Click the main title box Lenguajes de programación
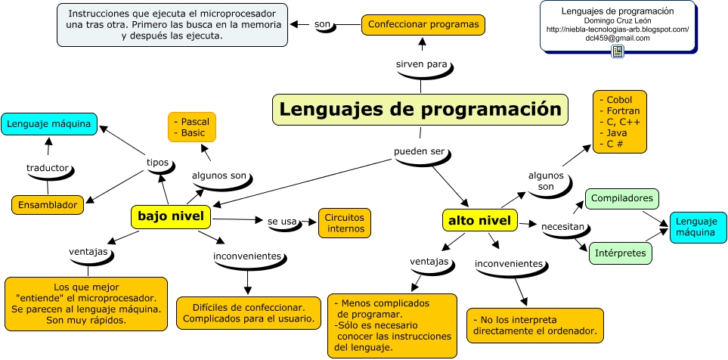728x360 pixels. [x=420, y=109]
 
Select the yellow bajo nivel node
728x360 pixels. [x=171, y=216]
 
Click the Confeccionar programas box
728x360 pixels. [x=423, y=24]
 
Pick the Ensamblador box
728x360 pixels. [x=48, y=204]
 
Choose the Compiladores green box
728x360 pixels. [x=622, y=198]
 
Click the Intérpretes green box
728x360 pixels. [x=620, y=252]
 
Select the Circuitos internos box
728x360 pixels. [x=345, y=222]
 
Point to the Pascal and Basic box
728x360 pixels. [x=191, y=127]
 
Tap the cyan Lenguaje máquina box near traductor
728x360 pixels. [x=49, y=123]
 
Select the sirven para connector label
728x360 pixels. [x=422, y=64]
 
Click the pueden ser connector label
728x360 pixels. [x=420, y=151]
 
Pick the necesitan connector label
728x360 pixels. [x=563, y=226]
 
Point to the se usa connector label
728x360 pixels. [x=283, y=222]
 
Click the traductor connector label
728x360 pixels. [x=47, y=167]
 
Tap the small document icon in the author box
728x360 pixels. [x=618, y=51]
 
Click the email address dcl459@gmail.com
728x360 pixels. [x=617, y=38]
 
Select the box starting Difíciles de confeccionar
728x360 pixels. [x=249, y=313]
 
